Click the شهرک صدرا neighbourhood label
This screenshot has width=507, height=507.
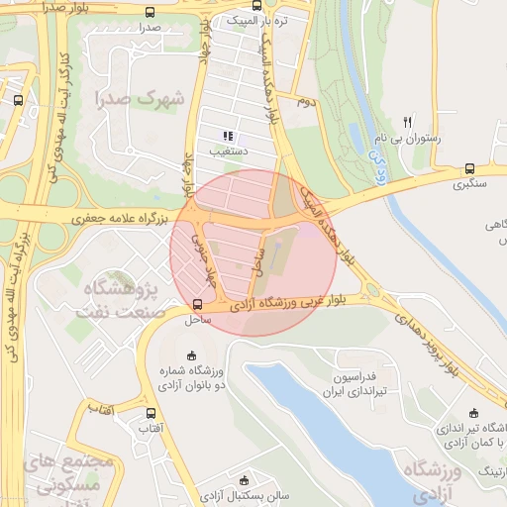point(142,99)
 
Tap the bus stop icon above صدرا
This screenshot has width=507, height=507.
point(150,13)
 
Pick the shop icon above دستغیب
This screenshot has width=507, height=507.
point(228,136)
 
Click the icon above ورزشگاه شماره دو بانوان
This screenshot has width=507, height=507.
point(191,355)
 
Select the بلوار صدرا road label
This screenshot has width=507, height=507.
point(69,8)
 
